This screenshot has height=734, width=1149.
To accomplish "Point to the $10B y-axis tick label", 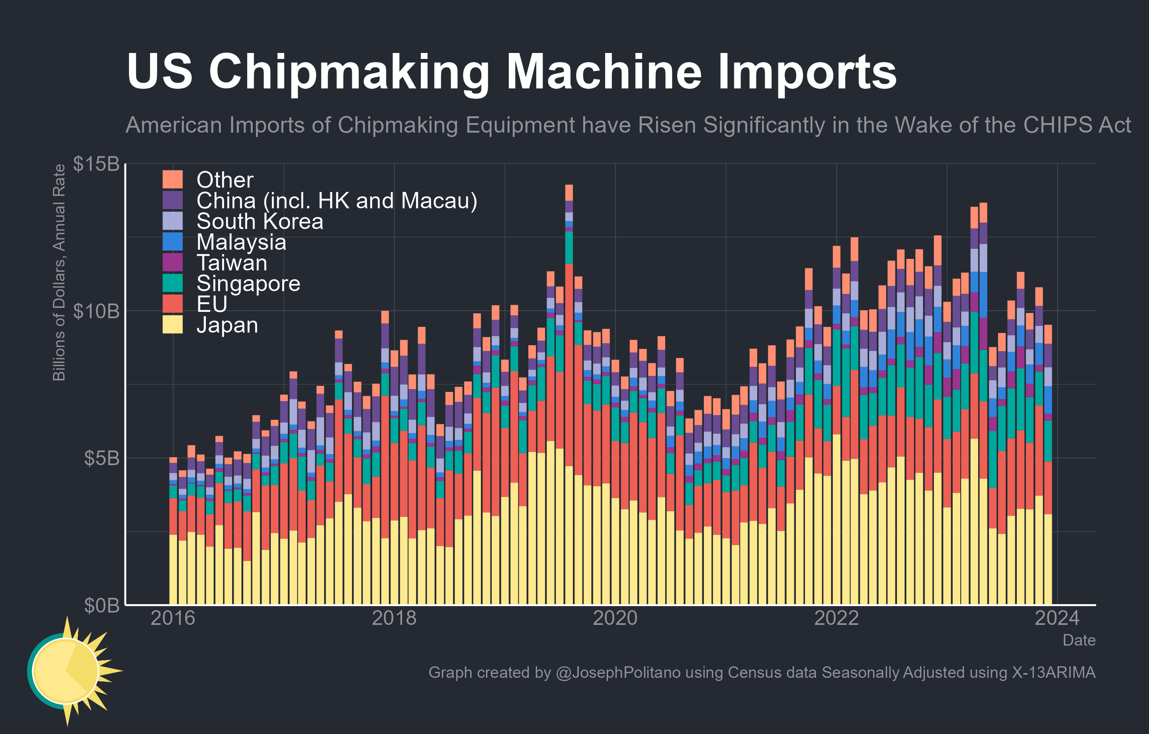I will (96, 311).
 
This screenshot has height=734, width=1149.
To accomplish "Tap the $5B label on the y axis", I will (101, 458).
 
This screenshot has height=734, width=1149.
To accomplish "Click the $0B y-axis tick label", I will (101, 605).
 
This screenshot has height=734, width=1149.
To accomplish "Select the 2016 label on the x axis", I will (173, 619).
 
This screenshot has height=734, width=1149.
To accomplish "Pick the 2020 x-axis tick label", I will (615, 619).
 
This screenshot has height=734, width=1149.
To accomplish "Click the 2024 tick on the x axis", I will (1057, 619).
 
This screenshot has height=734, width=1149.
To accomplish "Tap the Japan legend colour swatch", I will (172, 325).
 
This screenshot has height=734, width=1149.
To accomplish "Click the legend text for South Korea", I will (260, 221).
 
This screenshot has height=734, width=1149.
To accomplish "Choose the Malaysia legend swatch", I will (172, 241).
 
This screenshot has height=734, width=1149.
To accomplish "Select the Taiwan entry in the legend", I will (232, 263).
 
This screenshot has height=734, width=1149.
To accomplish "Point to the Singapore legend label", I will (248, 284).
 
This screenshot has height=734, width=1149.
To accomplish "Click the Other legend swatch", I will (172, 180).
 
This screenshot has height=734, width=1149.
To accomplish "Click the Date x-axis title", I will (1079, 640).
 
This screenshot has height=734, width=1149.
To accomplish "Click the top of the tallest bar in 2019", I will (569, 186).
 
